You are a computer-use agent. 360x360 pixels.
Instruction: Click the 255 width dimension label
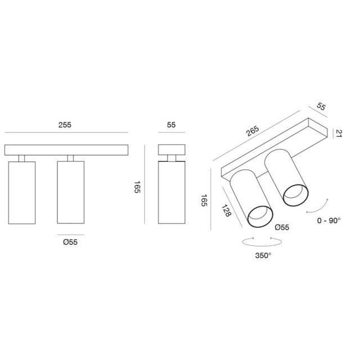(x=65, y=125)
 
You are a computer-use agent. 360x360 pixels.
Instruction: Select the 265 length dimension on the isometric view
(x=253, y=131)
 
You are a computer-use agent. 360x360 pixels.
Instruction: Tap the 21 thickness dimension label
(x=339, y=133)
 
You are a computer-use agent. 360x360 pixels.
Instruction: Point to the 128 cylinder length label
(x=226, y=210)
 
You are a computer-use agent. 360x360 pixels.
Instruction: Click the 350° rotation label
(x=263, y=255)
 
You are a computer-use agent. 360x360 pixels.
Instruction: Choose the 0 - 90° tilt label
(x=328, y=220)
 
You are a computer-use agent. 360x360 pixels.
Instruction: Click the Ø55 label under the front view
(x=70, y=242)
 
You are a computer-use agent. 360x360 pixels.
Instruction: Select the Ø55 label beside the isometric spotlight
(x=282, y=227)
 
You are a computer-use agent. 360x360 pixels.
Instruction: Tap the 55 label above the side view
(x=171, y=125)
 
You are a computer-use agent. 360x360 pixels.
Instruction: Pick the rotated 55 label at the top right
(x=321, y=106)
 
